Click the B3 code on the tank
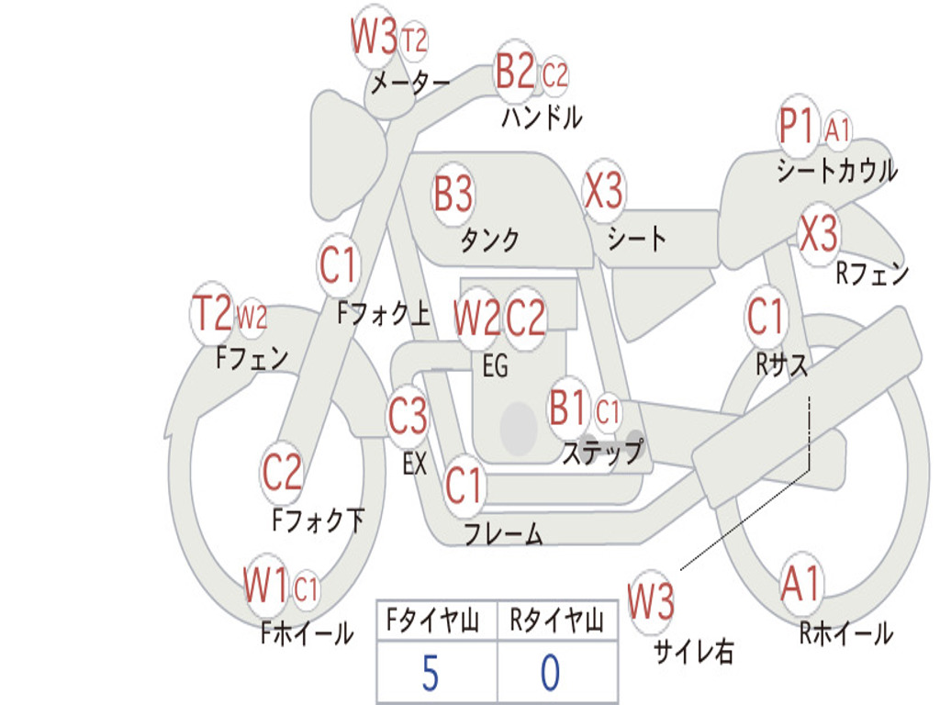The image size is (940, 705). coord(453,195)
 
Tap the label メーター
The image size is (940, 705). coord(408,84)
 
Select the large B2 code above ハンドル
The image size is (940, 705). coord(515,73)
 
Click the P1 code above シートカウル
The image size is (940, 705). coord(796,129)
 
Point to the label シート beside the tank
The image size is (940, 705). coord(637,239)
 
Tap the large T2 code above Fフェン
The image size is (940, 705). coord(211,315)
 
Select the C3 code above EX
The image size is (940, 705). coord(408,417)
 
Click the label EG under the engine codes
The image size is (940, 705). coord(495,366)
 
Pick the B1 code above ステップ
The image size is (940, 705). coord(567,408)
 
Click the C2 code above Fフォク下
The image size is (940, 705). coord(282,472)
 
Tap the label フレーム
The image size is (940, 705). coord(503,534)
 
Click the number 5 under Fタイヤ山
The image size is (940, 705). coord(430,674)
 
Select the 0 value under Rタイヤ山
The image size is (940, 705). coord(550,674)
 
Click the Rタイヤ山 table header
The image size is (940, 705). coord(556,622)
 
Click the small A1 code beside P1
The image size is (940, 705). coord(837,130)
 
